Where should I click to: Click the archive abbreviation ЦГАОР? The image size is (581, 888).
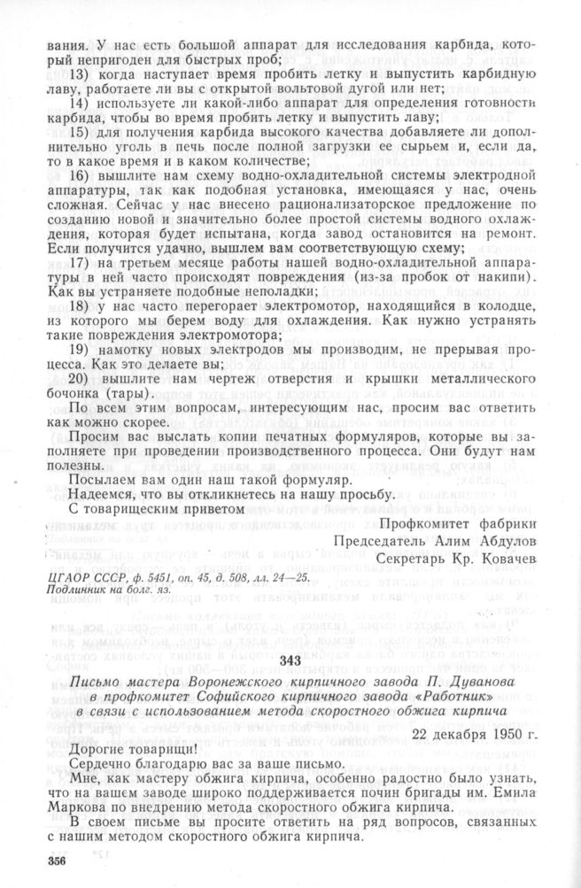coord(65,576)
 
